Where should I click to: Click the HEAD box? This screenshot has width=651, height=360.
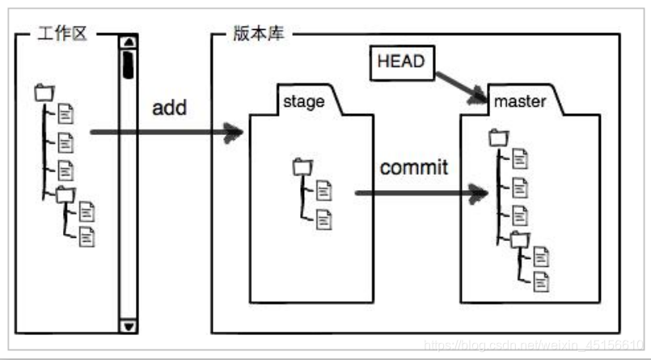[400, 62]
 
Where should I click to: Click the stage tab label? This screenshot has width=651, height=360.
[304, 101]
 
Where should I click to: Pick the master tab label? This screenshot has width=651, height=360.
[520, 101]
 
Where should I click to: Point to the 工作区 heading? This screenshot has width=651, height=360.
[61, 35]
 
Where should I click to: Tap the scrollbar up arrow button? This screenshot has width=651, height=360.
[129, 42]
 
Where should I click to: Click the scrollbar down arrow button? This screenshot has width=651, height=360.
[129, 325]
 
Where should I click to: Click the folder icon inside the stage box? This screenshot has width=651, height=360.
[302, 167]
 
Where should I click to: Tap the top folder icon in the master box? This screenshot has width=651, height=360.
[498, 138]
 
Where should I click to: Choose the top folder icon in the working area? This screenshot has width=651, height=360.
[44, 93]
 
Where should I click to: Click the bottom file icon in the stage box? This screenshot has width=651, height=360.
[323, 217]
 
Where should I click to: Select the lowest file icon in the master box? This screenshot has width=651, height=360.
[541, 281]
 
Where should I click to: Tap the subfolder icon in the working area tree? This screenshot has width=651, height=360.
[65, 194]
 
